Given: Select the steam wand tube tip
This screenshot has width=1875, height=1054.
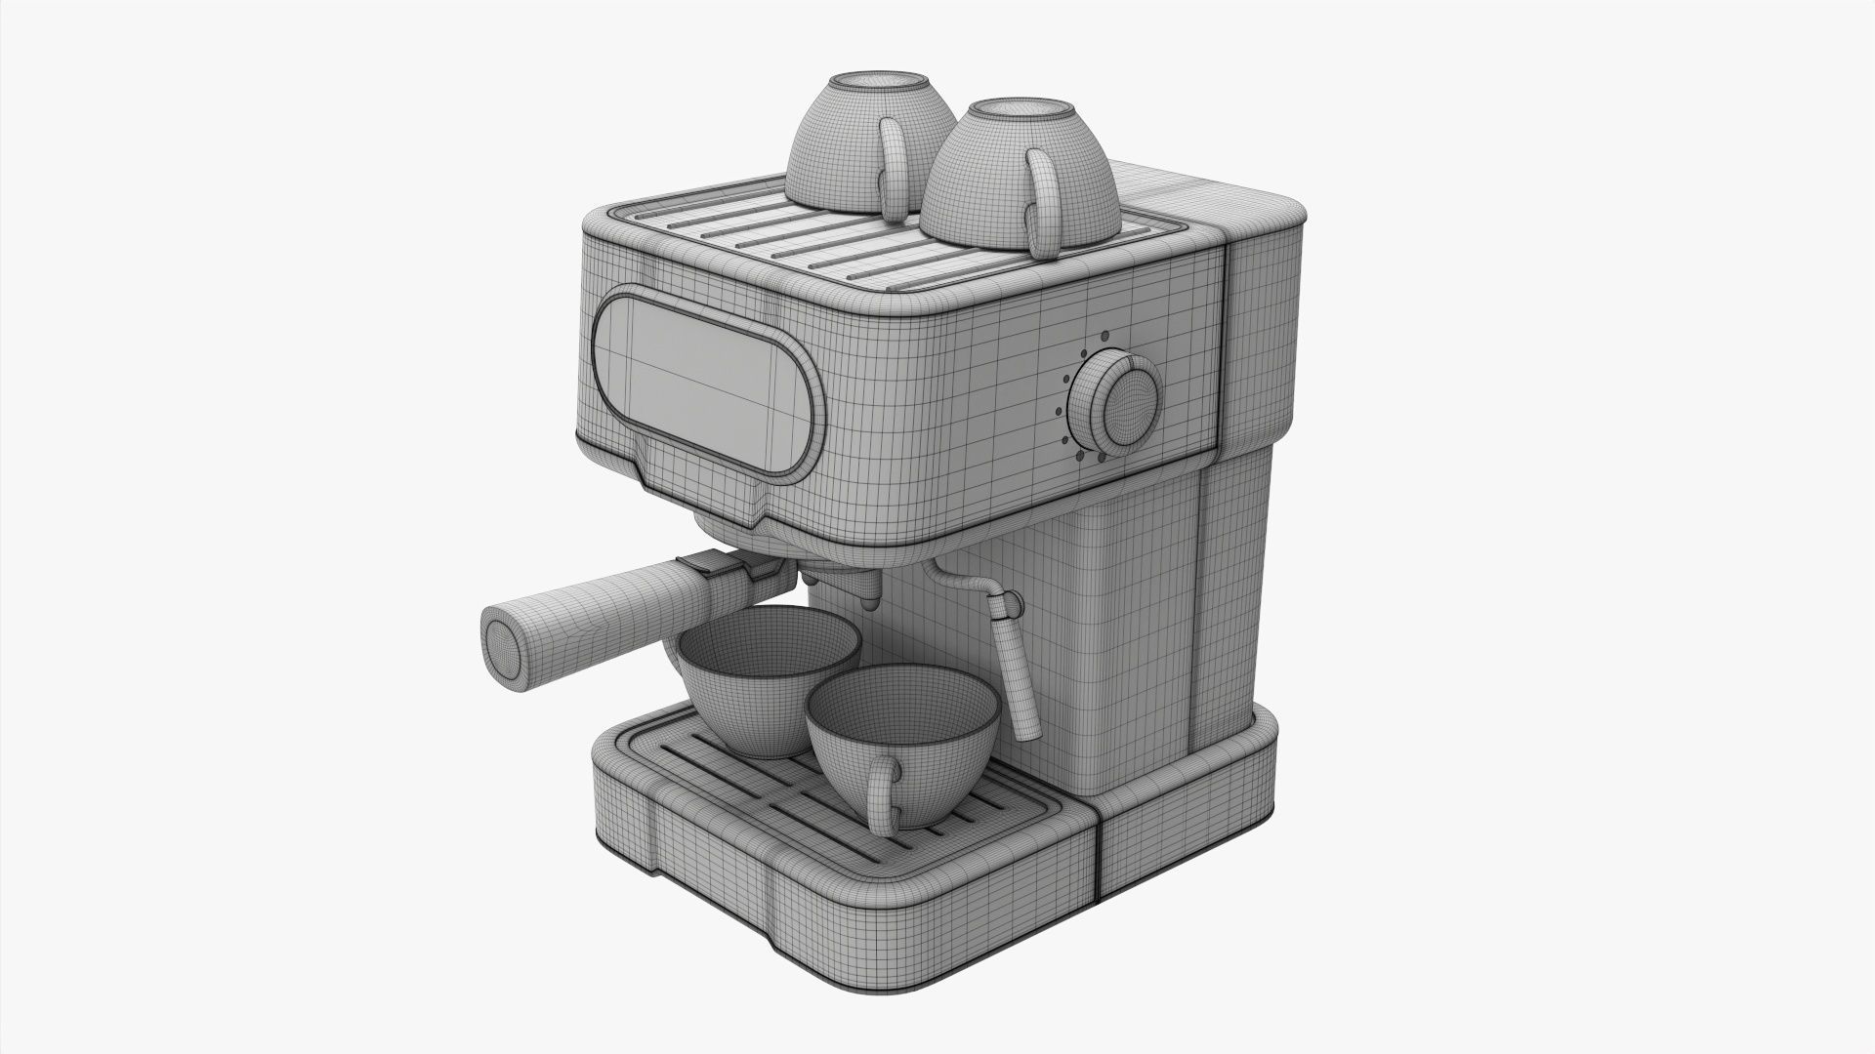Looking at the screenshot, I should coord(1025,728).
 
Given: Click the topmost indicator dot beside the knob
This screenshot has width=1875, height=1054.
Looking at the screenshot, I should coord(1083,351).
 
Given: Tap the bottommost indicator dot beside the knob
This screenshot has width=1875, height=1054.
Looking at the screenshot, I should coord(1101,457).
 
